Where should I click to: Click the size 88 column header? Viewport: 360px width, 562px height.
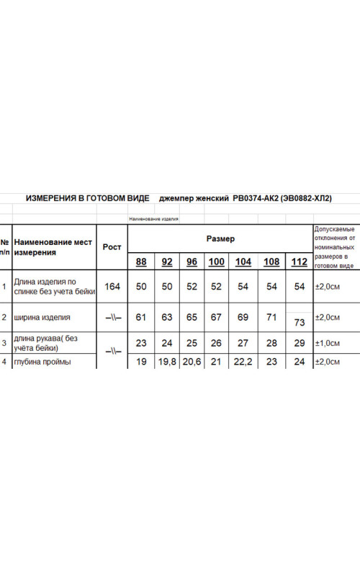141,262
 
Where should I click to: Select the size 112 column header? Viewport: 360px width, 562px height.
298,262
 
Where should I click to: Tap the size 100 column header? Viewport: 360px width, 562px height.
216,262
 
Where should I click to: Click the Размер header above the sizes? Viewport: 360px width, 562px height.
220,238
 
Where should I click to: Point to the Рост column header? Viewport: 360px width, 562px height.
112,247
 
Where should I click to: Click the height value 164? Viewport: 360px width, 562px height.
112,287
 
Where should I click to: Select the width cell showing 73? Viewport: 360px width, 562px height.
300,323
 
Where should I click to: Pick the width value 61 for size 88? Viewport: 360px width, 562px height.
141,317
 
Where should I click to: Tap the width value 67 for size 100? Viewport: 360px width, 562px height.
216,317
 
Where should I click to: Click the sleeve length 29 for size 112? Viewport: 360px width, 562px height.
300,344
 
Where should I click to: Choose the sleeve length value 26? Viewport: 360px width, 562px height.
216,344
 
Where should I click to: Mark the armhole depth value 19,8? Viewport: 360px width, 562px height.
167,362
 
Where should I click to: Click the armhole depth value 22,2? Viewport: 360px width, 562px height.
243,362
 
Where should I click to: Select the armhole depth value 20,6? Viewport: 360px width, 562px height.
192,362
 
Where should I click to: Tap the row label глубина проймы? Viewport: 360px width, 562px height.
42,362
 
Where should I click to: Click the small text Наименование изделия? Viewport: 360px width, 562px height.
153,218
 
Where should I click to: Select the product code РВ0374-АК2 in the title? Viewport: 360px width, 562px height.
255,198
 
